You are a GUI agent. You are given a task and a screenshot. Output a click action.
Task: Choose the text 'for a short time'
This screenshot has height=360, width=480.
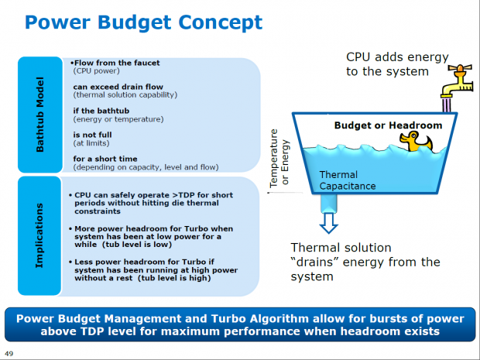click(105, 159)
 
